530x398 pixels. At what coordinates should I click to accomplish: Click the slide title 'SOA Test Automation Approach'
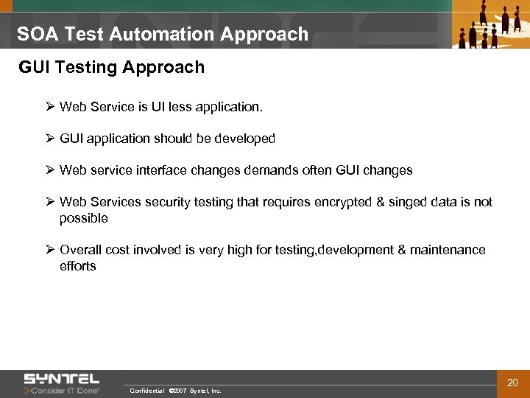point(163,34)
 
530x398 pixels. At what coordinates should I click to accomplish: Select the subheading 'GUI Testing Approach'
point(111,68)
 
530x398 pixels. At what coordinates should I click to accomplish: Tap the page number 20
point(512,382)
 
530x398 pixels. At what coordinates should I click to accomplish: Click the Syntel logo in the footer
point(62,378)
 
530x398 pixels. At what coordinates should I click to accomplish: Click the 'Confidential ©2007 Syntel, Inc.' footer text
point(174,391)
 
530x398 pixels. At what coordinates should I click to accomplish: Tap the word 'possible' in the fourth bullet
point(83,218)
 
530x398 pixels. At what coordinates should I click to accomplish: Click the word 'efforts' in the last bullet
point(78,266)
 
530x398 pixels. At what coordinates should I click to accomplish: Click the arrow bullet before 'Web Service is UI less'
point(50,107)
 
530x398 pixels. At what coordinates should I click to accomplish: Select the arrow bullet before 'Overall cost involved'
point(50,250)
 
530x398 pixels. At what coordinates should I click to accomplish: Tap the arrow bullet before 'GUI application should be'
point(50,139)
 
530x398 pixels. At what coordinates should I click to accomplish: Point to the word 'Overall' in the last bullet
point(80,250)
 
